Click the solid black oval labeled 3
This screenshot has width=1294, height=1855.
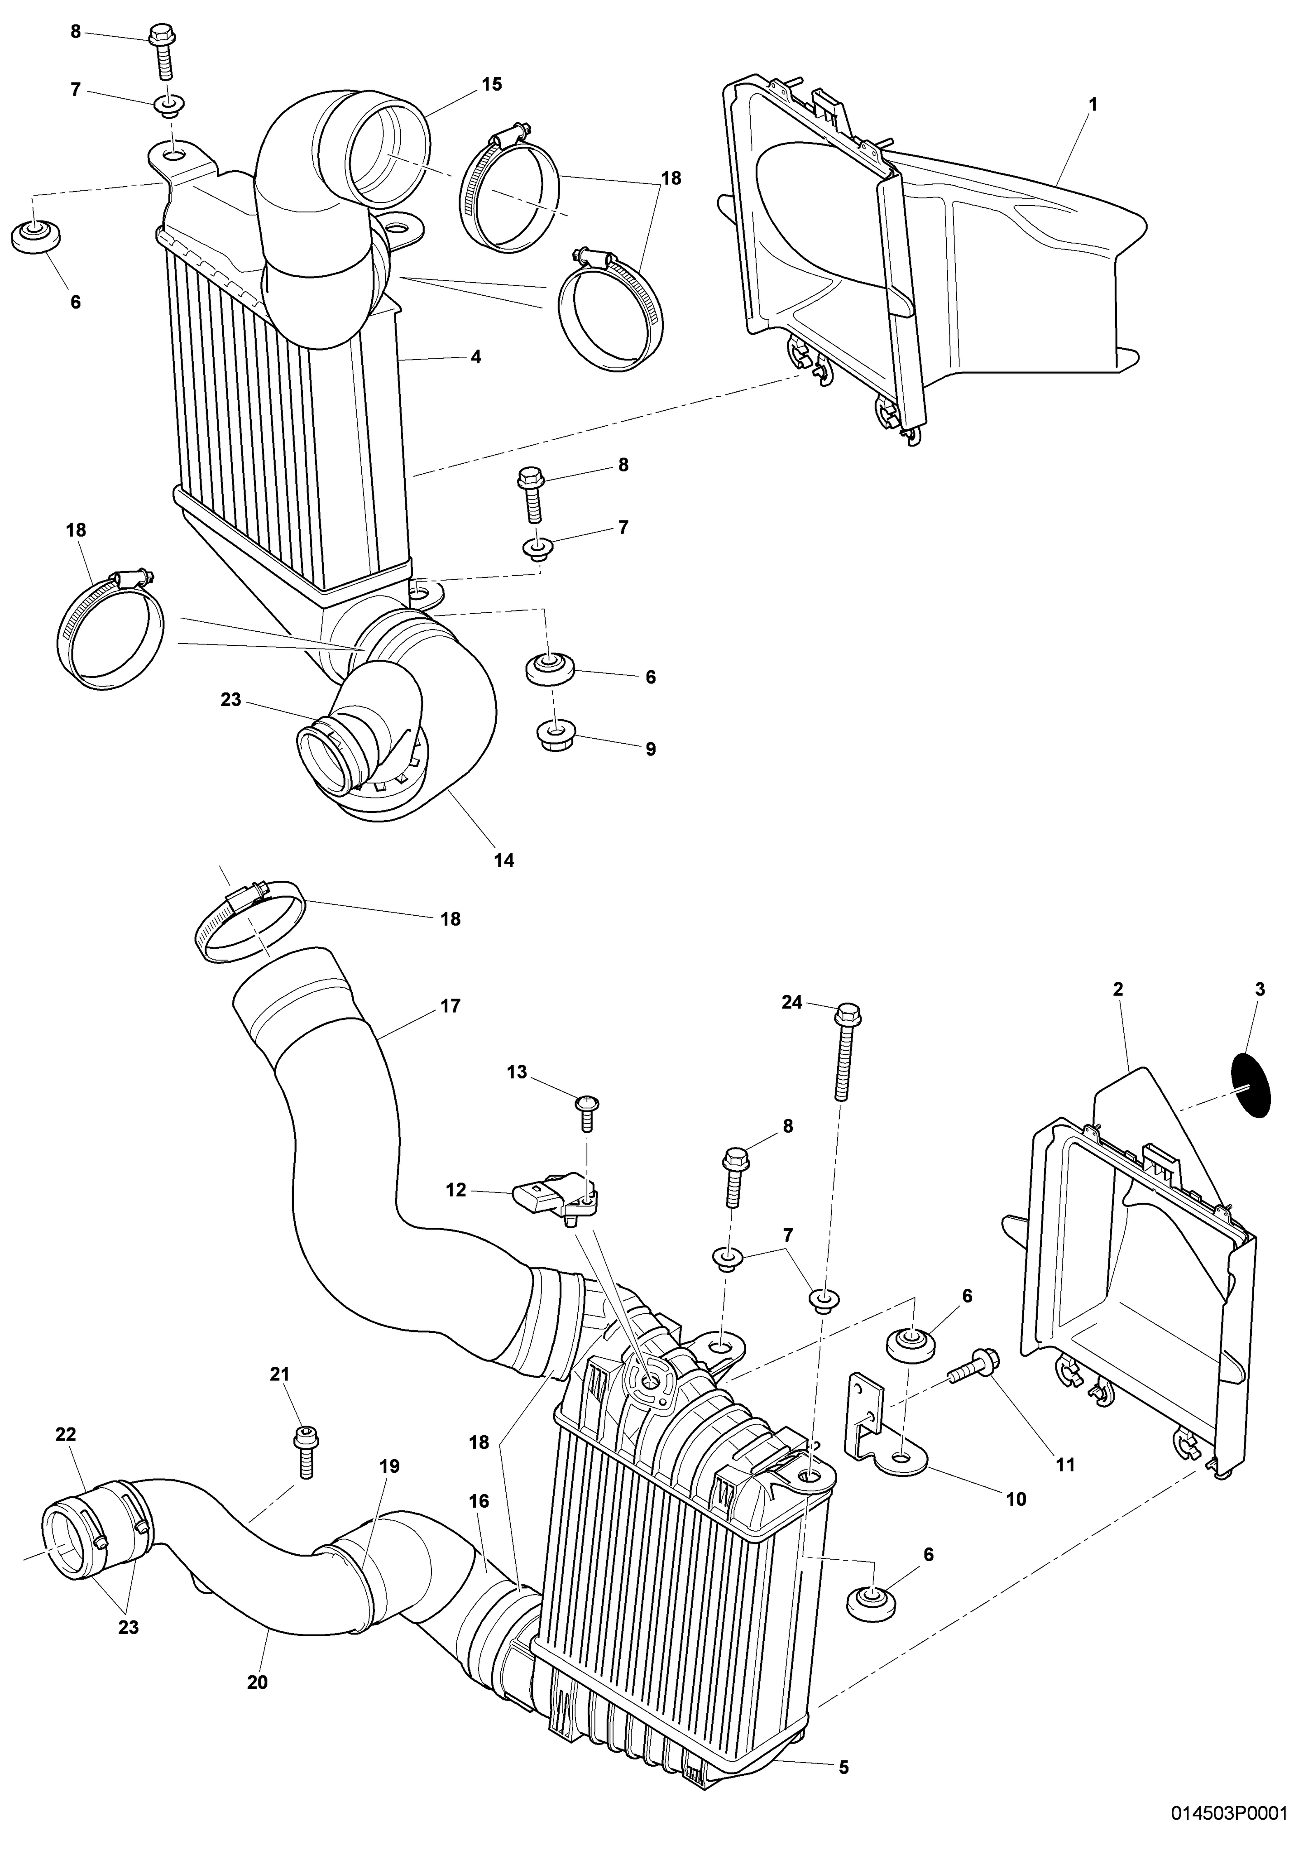(1251, 1086)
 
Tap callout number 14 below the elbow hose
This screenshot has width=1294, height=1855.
(504, 860)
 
